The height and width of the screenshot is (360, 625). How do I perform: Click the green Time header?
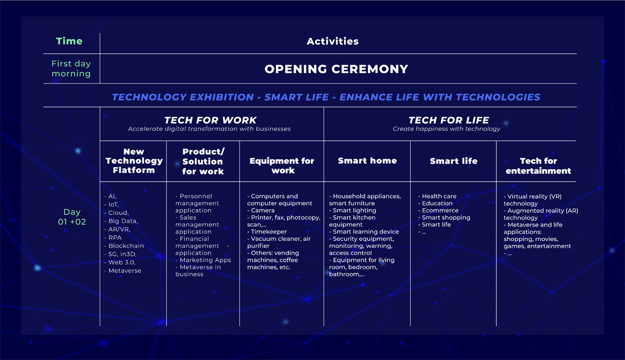[x=69, y=41]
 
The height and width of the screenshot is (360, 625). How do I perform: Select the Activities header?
[x=333, y=41]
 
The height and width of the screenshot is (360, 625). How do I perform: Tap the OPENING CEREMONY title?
[x=336, y=69]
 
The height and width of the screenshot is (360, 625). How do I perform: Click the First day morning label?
[x=71, y=69]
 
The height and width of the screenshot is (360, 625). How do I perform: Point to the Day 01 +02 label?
[x=72, y=217]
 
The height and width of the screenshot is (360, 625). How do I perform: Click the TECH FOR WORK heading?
[x=210, y=120]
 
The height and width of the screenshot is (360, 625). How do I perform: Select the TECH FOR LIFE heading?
[x=449, y=120]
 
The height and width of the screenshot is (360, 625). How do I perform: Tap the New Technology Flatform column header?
[x=134, y=161]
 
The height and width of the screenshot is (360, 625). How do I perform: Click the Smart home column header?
[x=367, y=161]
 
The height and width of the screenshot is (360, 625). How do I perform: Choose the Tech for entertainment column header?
[x=538, y=166]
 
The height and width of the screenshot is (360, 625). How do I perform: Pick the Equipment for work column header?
[x=282, y=166]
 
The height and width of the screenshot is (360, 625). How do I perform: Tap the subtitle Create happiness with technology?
[x=446, y=129]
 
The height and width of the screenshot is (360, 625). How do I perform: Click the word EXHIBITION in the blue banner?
[x=222, y=97]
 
